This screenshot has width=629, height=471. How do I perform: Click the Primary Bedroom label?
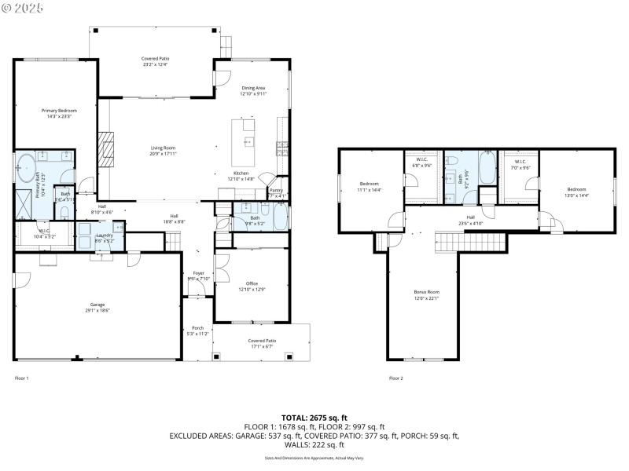coord(59,111)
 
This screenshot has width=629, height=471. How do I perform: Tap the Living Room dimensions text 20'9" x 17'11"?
coord(164,154)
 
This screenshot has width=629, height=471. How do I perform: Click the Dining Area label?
coord(253,88)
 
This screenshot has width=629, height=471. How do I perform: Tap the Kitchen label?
coord(241,173)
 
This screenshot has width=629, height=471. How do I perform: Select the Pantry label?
coord(276,189)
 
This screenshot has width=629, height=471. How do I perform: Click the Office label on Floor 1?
coord(252,283)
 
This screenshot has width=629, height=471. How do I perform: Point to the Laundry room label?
coord(105,235)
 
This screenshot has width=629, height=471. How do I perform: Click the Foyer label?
coord(198,273)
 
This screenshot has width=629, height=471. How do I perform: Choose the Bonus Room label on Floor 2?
coord(427,291)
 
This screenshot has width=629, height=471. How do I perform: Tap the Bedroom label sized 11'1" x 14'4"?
coord(369,184)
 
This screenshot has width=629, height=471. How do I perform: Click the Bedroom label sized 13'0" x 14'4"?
coord(577,189)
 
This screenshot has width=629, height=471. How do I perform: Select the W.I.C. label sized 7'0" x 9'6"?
coord(520,162)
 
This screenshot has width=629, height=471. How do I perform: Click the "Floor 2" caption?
coord(395,378)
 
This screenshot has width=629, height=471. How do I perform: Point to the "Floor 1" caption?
coord(21,378)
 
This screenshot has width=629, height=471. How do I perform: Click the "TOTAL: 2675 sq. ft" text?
coord(314,418)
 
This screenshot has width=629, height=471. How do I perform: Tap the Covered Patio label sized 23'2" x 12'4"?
coord(155,59)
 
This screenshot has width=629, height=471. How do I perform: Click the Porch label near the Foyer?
coord(198,328)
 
